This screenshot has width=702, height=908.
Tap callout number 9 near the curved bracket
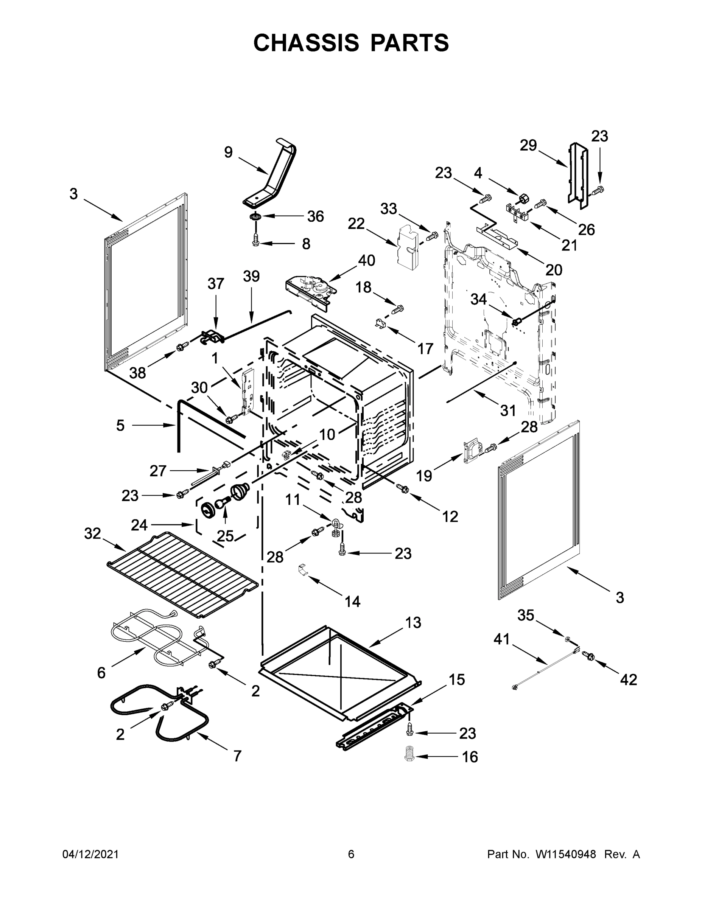pos(228,152)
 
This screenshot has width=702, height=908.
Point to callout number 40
pos(366,261)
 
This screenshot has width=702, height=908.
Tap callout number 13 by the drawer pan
pos(413,622)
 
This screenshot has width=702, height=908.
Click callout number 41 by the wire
pos(501,639)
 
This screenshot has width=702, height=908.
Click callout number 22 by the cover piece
pos(356,224)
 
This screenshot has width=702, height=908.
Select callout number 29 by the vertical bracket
pos(528,146)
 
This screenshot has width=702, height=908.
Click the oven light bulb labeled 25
pos(223,505)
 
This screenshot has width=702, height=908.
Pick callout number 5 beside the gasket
pos(120,425)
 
